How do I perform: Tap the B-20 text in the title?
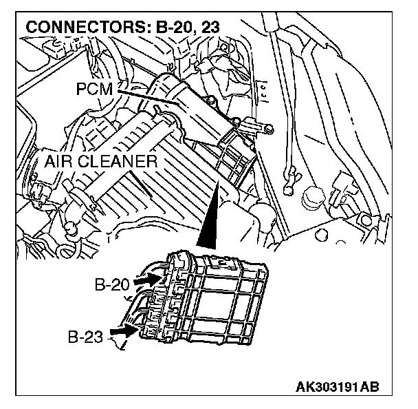coord(166,29)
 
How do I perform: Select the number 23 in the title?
coord(206,29)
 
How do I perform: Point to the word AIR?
coord(60,162)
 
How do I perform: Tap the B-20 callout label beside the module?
coord(111,284)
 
